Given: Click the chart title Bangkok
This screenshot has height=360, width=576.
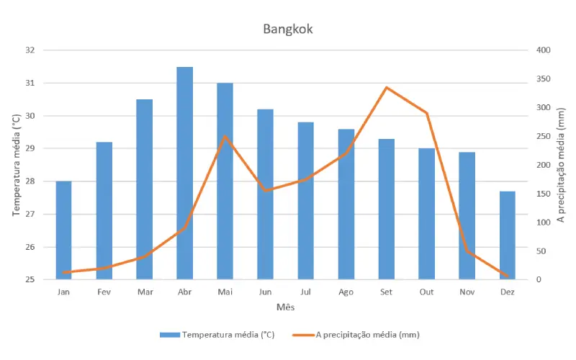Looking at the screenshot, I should click(x=288, y=30).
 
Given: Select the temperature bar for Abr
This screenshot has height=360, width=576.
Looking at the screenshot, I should click(x=185, y=173).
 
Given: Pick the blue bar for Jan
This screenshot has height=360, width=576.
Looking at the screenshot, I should click(x=64, y=230).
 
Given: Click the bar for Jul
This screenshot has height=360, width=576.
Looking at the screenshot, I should click(x=306, y=201).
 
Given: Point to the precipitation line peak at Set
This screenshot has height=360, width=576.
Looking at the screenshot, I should click(x=387, y=87).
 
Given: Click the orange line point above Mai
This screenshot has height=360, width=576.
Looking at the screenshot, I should click(x=225, y=136).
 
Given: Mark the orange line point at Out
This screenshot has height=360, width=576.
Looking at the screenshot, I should click(x=427, y=113).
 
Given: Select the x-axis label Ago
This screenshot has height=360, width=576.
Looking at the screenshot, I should click(x=346, y=292).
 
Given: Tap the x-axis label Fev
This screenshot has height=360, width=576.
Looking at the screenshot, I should click(x=104, y=292).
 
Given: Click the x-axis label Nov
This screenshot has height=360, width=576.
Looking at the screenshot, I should click(x=467, y=292).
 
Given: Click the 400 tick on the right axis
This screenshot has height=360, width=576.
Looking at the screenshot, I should click(x=542, y=50).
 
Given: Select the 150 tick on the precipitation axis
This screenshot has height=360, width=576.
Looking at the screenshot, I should click(x=542, y=194).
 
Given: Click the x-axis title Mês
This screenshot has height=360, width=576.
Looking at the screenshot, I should click(x=286, y=307).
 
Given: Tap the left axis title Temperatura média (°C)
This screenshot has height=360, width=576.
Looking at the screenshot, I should click(x=17, y=166).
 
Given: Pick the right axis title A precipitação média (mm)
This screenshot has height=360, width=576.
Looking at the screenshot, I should click(x=561, y=166).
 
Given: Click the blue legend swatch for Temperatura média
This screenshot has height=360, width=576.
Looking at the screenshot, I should click(x=169, y=335).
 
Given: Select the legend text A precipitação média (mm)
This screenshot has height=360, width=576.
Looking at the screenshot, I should click(x=367, y=335).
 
